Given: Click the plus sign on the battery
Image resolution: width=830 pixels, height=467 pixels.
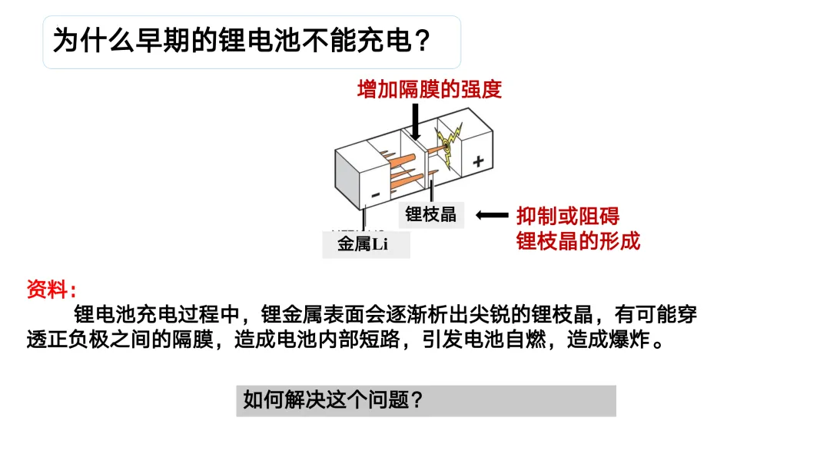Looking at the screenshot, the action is [x=478, y=161].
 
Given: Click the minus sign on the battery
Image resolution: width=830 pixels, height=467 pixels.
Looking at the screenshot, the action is [x=375, y=195].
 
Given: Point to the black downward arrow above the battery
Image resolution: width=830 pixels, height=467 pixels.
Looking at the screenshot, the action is [x=415, y=121].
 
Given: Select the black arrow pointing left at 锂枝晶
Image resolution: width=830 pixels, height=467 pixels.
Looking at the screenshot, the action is [x=493, y=215].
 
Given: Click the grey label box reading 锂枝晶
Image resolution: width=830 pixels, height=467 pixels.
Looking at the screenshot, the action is [x=431, y=214].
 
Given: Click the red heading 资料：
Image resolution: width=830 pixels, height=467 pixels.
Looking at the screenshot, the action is [x=51, y=290].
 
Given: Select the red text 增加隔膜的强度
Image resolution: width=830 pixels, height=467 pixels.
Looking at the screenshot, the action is [x=430, y=89].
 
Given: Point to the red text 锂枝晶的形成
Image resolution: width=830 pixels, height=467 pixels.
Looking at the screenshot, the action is [x=578, y=241].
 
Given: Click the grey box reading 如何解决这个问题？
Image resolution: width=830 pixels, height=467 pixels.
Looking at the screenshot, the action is [x=426, y=400].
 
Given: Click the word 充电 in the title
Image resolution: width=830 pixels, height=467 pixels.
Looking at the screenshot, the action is [x=385, y=41].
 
